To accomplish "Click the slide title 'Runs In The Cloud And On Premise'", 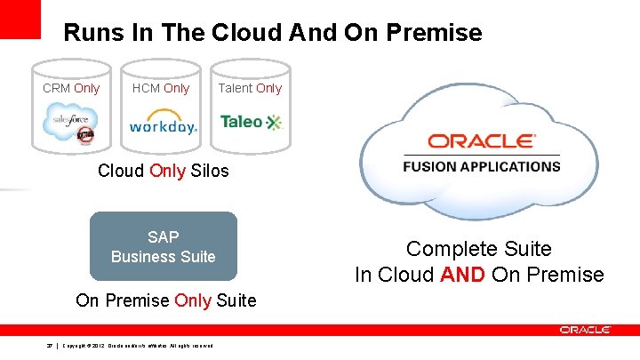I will pyautogui.click(x=273, y=33).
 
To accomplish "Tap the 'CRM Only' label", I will pyautogui.click(x=71, y=88).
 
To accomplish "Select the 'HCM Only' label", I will pyautogui.click(x=161, y=88).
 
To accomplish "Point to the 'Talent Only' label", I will pyautogui.click(x=250, y=88).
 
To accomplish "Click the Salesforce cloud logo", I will pyautogui.click(x=71, y=121).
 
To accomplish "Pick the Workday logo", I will pyautogui.click(x=163, y=123).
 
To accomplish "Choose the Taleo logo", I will pyautogui.click(x=250, y=122).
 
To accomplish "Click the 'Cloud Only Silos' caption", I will pyautogui.click(x=163, y=171).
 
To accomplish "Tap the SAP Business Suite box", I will pyautogui.click(x=164, y=246).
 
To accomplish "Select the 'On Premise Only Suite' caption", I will pyautogui.click(x=166, y=300).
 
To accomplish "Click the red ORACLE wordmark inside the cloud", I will pyautogui.click(x=481, y=141).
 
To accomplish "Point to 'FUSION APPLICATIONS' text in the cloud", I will pyautogui.click(x=481, y=166).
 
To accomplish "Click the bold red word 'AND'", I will pyautogui.click(x=462, y=275).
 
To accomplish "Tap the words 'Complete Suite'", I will pyautogui.click(x=479, y=249).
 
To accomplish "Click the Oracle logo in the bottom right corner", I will pyautogui.click(x=585, y=330).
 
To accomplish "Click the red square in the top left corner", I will pyautogui.click(x=20, y=19).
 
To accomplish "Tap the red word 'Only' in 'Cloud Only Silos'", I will pyautogui.click(x=168, y=171).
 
